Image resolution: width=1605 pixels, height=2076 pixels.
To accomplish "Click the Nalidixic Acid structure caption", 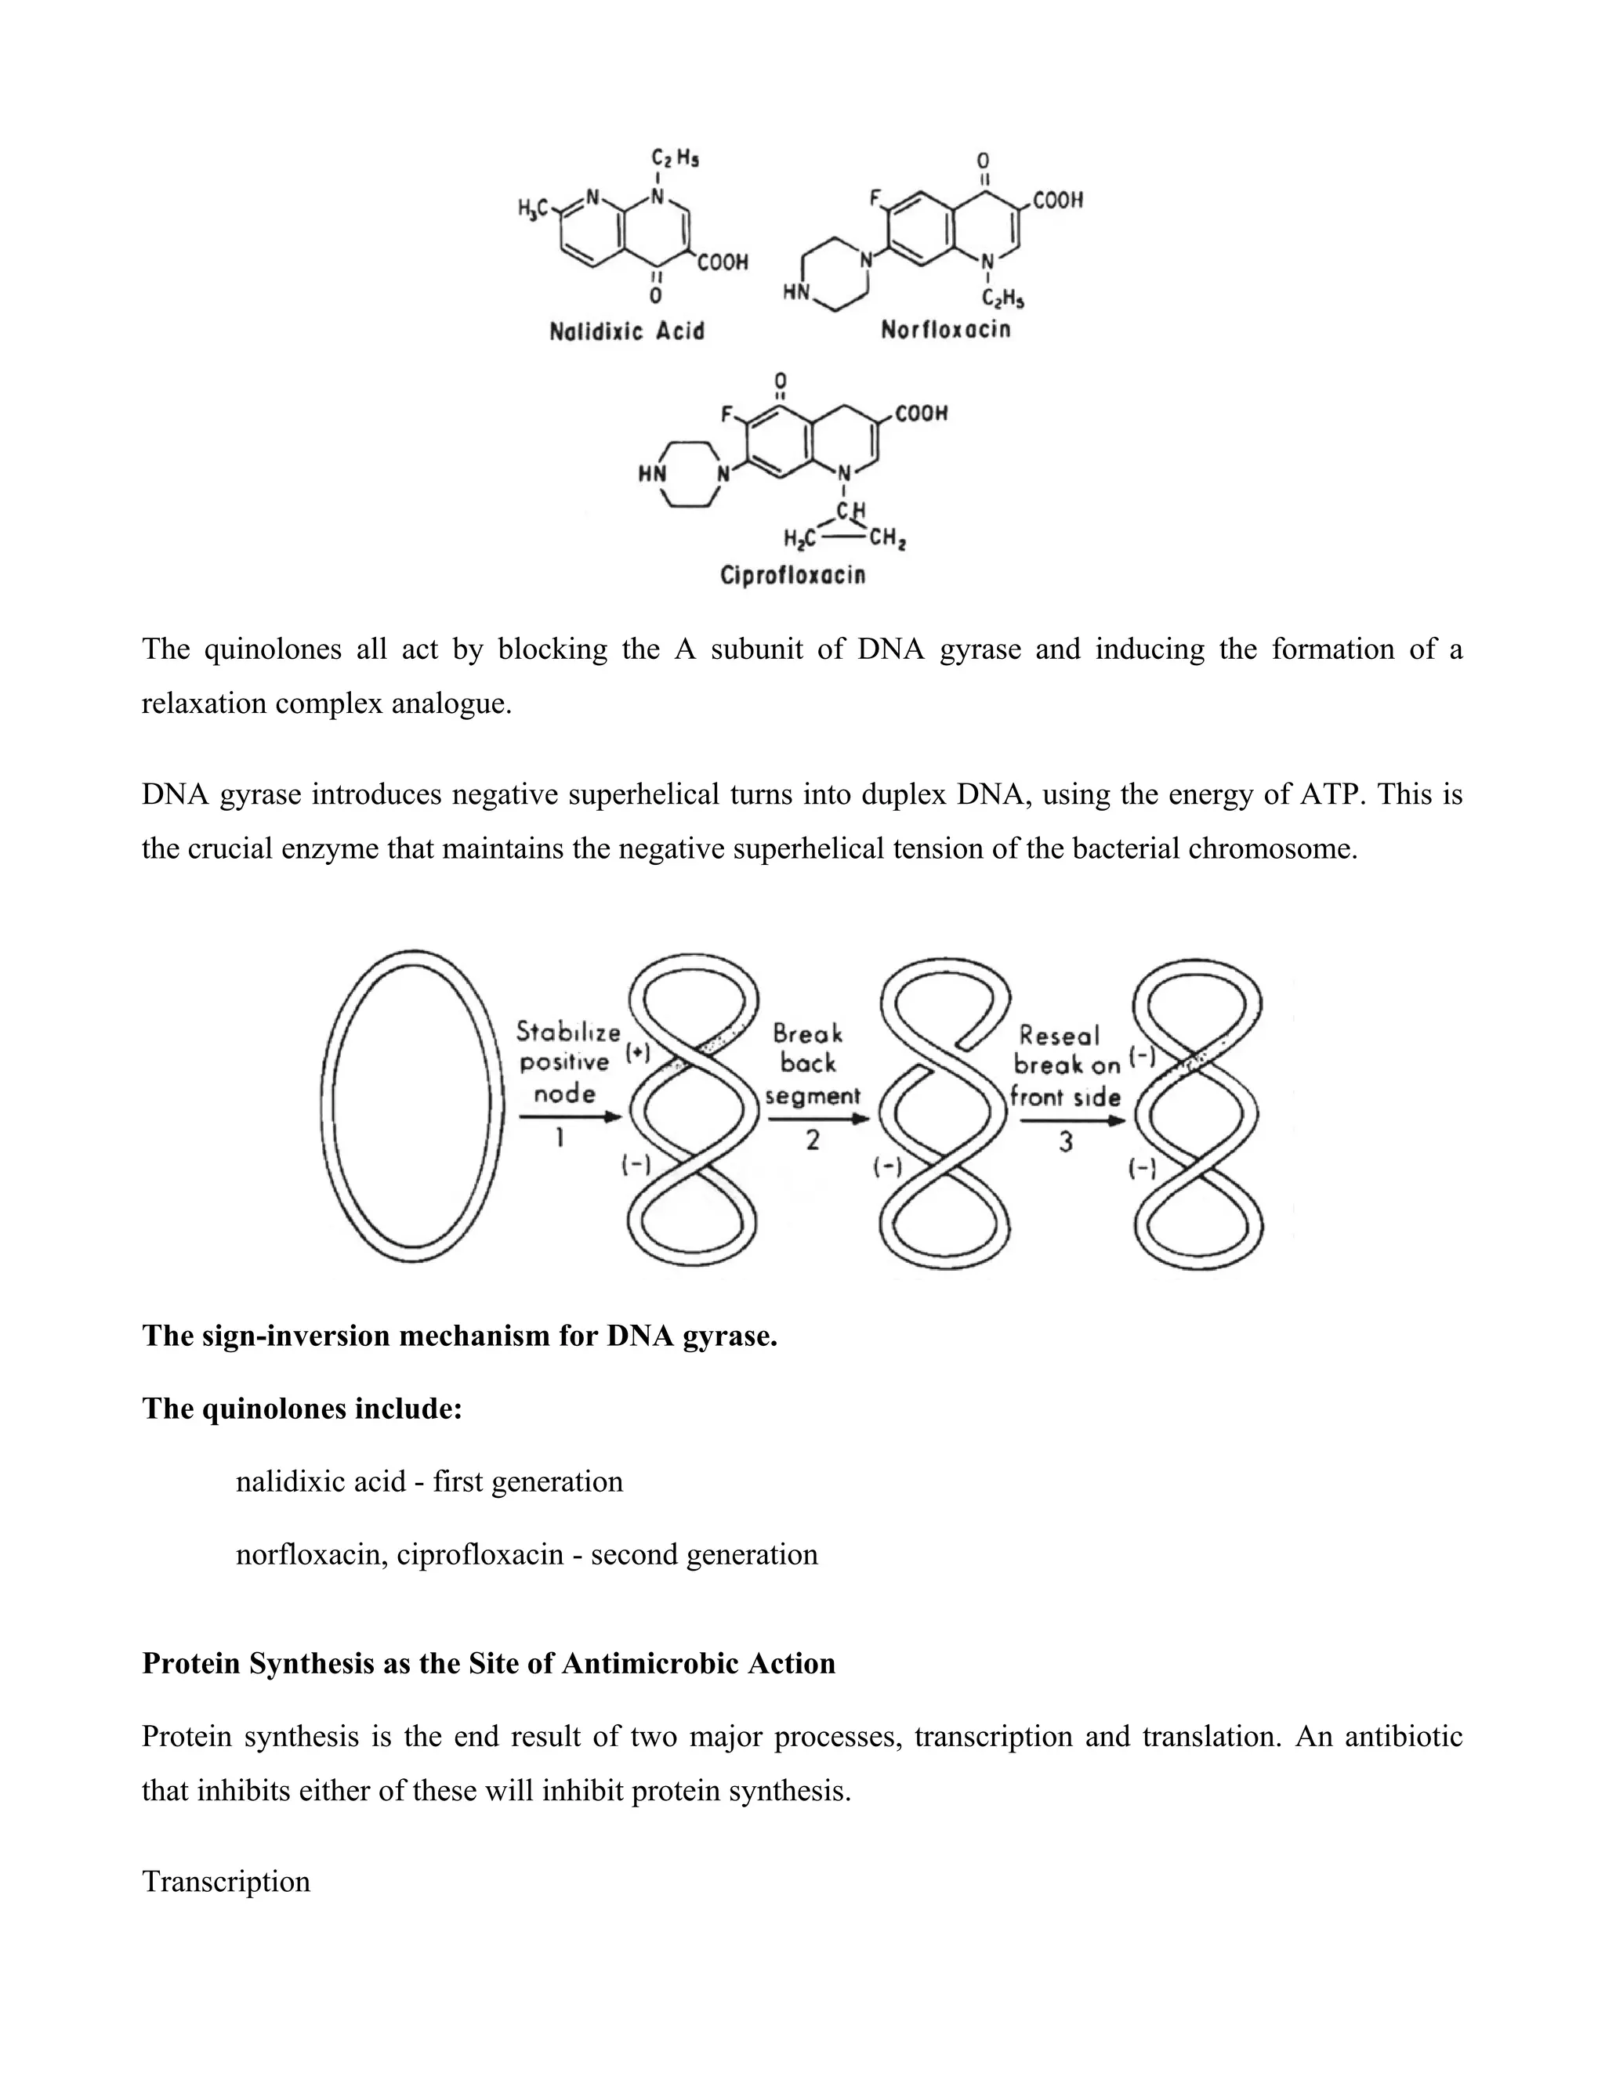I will point(627,331).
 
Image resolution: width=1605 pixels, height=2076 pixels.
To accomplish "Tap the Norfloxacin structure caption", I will point(945,330).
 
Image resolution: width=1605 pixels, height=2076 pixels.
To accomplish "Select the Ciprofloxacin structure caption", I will point(793,575).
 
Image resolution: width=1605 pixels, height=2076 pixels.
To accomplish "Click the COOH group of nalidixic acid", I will point(723,262).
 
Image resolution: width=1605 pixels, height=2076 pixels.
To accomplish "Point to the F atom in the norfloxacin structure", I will point(875,200).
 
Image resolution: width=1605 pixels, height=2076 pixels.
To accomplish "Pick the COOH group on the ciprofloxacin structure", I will point(920,414).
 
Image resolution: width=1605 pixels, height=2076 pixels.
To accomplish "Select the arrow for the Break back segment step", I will point(817,1119).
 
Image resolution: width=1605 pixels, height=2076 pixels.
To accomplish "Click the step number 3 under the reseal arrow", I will point(1066,1141).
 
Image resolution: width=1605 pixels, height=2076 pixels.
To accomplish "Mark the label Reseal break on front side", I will point(1065,1065).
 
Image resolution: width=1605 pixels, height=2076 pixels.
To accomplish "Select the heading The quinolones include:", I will point(303,1408).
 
